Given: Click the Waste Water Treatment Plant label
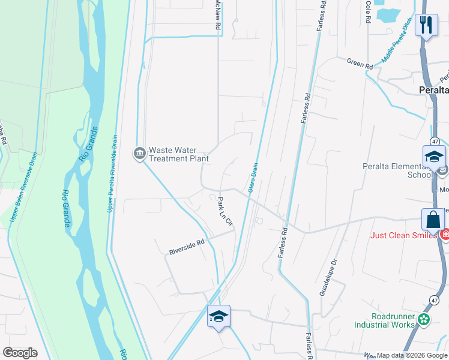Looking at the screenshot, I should click(178, 155).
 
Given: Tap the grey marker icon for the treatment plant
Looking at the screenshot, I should click(139, 154).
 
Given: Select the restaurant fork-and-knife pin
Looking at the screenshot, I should click(426, 25).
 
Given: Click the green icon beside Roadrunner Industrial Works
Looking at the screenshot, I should click(424, 319).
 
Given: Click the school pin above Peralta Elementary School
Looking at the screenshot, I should click(434, 157).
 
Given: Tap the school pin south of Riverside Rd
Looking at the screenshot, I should click(218, 316).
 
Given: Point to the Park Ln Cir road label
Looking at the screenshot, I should click(225, 212).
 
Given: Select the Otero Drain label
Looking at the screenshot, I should click(253, 178).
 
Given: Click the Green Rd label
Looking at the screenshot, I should click(360, 63).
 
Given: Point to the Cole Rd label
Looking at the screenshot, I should click(367, 12).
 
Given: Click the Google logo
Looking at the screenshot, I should click(20, 352).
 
